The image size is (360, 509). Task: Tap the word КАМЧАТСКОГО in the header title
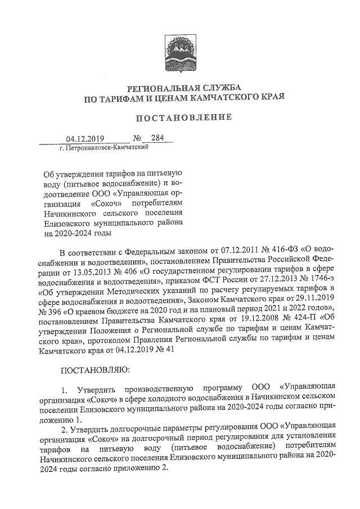240,97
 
